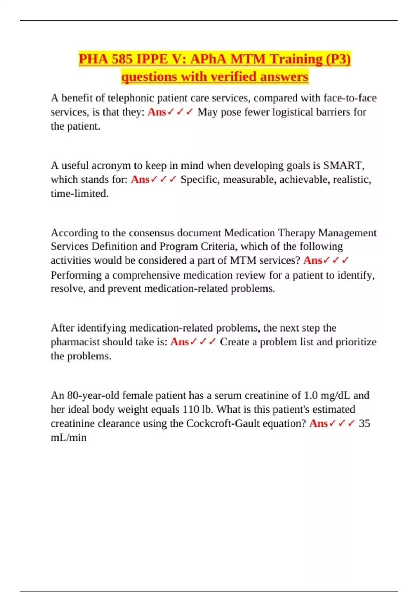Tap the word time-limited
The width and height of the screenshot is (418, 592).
tap(79, 194)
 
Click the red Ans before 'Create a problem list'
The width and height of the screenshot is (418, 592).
tap(179, 342)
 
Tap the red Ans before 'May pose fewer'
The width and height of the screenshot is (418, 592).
tap(157, 112)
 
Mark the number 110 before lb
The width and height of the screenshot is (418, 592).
tap(191, 410)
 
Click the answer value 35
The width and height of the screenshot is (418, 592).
tap(364, 424)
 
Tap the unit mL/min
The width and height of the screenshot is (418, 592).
tap(69, 438)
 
